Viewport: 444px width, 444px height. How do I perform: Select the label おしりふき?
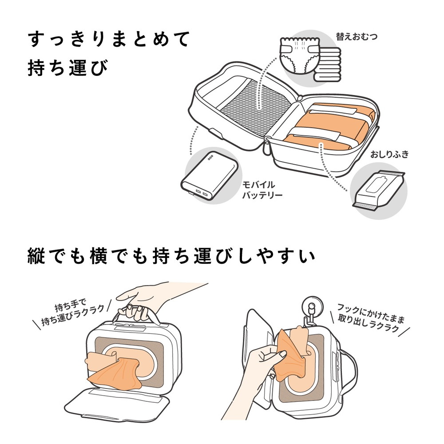click(389, 155)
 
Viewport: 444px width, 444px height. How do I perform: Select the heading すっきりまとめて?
click(109, 40)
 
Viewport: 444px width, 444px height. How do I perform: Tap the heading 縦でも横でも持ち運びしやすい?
click(170, 257)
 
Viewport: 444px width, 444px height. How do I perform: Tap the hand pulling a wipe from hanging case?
click(266, 360)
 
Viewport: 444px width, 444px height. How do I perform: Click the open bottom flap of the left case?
click(118, 400)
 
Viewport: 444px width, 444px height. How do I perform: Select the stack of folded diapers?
click(327, 64)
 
